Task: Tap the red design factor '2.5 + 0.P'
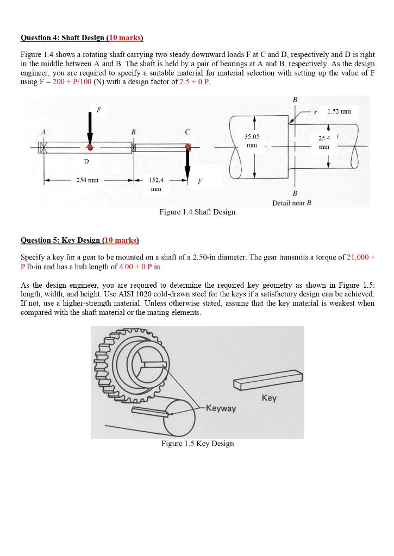coord(194,81)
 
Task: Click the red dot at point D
coord(90,147)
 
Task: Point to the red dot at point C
coord(187,147)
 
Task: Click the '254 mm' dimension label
coord(87,180)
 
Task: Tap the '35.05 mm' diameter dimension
coord(252,141)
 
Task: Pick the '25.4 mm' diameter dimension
coord(324,142)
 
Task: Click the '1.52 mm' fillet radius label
coord(339,111)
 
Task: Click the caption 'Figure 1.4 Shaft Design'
coord(197,212)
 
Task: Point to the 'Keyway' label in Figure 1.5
coord(221,408)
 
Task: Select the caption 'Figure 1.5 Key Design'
coord(197,444)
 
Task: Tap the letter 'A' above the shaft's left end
coord(43,131)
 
